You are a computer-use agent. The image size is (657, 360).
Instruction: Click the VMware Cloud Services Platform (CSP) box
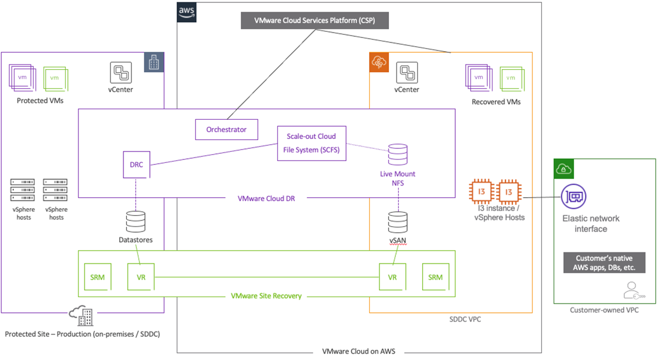314,20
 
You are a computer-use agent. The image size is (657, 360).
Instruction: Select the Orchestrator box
226,129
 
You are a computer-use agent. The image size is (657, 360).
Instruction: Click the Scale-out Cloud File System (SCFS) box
311,143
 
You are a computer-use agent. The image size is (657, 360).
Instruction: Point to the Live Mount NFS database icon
398,154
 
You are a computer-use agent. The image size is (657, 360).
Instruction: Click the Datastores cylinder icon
136,222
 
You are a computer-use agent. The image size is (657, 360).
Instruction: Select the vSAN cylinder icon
398,222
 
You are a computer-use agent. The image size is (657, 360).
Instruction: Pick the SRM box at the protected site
98,277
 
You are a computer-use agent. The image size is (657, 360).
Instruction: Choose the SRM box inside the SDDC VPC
435,277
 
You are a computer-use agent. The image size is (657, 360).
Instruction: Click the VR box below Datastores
141,277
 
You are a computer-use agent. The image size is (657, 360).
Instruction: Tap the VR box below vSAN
392,277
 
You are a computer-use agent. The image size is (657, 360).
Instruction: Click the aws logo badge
187,12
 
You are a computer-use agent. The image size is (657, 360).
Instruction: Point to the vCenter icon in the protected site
122,73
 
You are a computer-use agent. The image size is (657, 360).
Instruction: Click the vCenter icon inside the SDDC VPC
407,73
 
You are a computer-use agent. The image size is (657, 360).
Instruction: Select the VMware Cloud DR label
265,198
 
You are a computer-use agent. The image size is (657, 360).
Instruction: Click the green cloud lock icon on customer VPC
563,169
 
